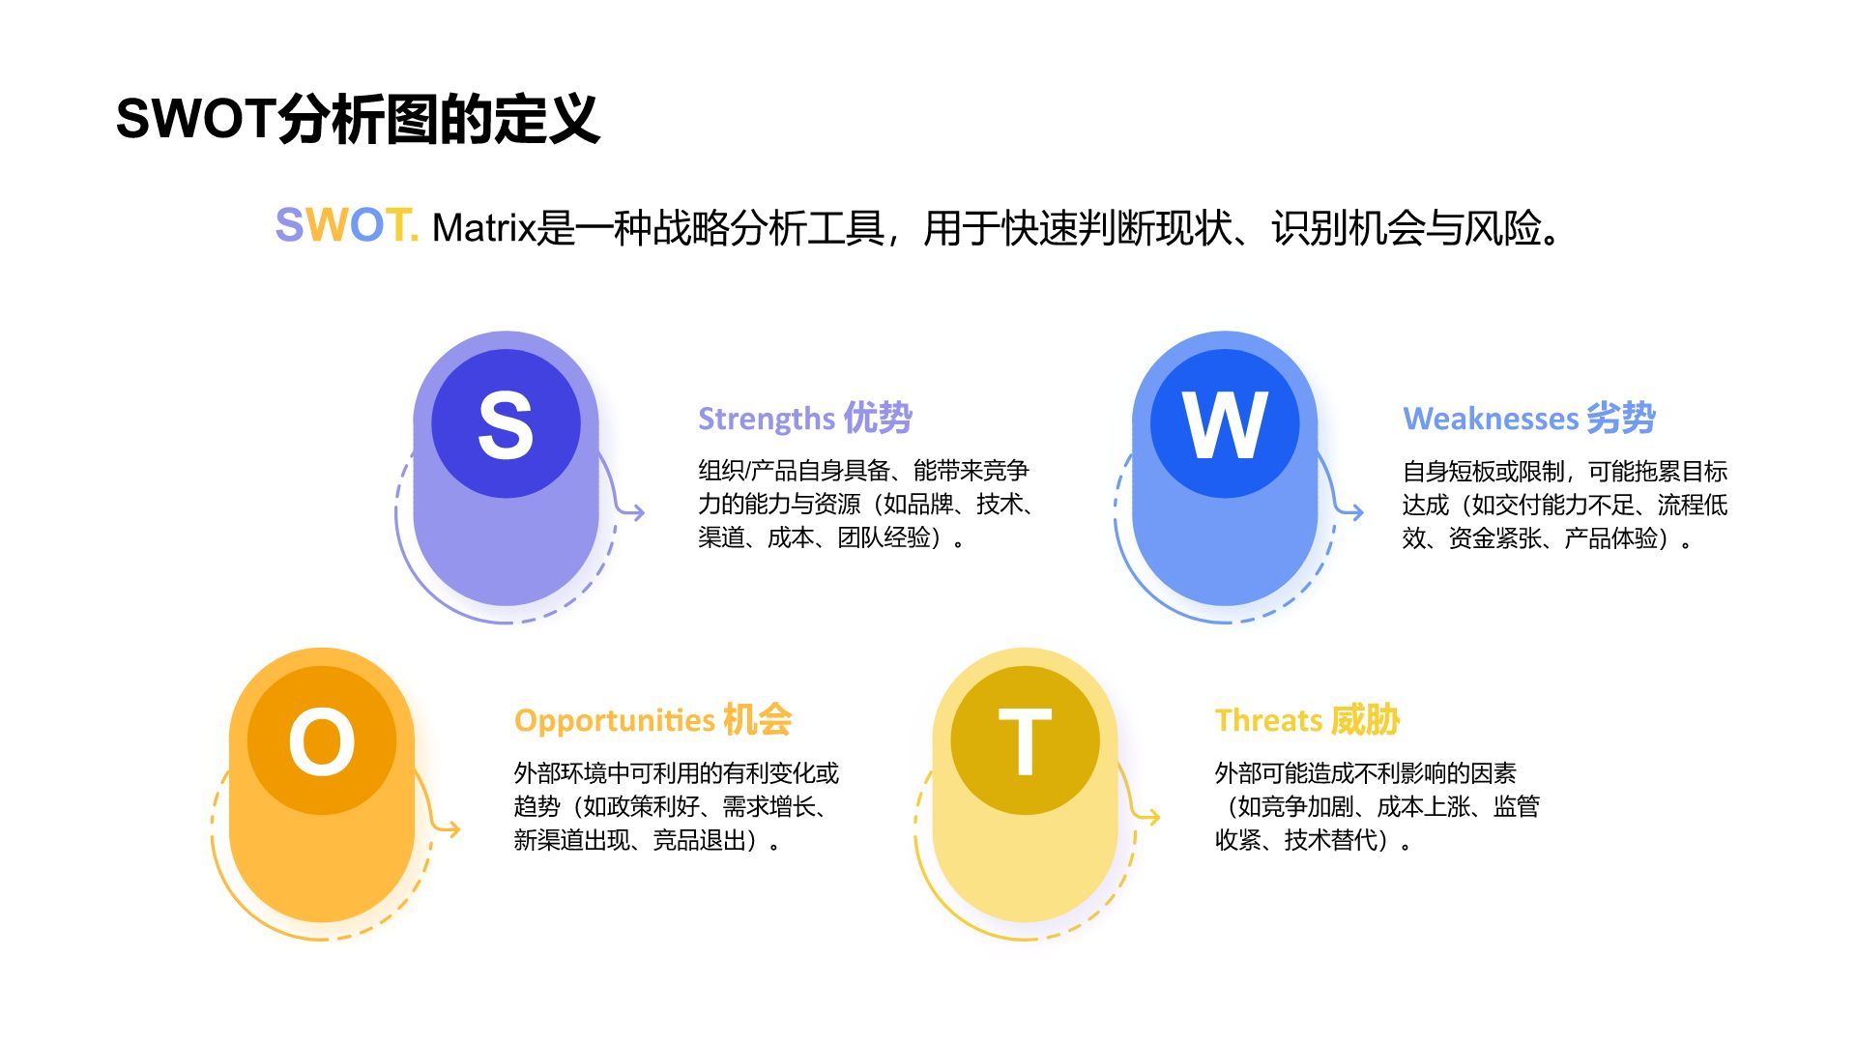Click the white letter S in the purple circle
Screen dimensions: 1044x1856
(x=506, y=424)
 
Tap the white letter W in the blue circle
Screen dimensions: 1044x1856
(x=1225, y=424)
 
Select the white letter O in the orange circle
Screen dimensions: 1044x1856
(x=322, y=741)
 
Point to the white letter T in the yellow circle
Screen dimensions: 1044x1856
(x=1025, y=741)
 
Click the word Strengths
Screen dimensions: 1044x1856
(x=767, y=419)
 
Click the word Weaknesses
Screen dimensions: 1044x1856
(x=1490, y=419)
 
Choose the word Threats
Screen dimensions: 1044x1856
(x=1268, y=720)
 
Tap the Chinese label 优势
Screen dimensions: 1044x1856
(x=878, y=418)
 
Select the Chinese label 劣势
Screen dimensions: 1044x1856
(x=1621, y=418)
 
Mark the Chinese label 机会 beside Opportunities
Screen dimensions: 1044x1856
(x=758, y=719)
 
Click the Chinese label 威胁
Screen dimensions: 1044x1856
(x=1365, y=719)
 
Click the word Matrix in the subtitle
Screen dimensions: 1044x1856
(x=483, y=228)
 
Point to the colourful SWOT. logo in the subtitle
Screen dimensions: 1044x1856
(x=346, y=225)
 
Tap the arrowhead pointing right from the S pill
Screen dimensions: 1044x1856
(x=637, y=512)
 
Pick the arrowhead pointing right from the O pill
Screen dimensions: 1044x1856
(x=452, y=828)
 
